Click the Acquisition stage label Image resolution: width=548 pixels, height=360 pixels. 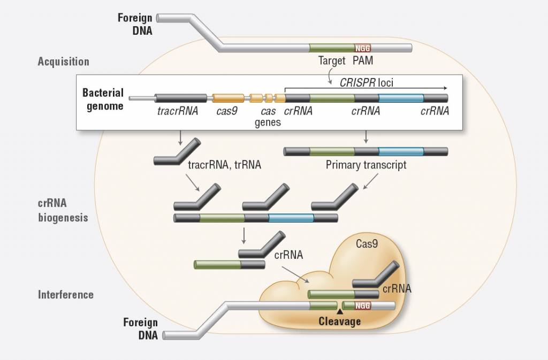pyautogui.click(x=63, y=62)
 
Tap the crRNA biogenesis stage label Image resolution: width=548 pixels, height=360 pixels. pyautogui.click(x=63, y=211)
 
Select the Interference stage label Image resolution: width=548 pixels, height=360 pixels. pyautogui.click(x=66, y=295)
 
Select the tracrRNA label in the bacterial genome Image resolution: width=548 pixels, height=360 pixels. pyautogui.click(x=178, y=111)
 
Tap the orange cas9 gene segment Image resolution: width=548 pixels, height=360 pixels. pyautogui.click(x=228, y=98)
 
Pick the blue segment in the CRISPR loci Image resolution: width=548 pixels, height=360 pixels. pyautogui.click(x=401, y=98)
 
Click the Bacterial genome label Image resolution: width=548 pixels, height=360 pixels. pyautogui.click(x=103, y=99)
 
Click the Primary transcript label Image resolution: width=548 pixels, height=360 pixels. pyautogui.click(x=366, y=165)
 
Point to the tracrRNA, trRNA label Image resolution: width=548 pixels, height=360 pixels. pyautogui.click(x=224, y=165)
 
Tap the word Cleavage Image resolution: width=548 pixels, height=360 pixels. pyautogui.click(x=340, y=321)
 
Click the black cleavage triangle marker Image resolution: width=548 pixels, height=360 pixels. pyautogui.click(x=339, y=311)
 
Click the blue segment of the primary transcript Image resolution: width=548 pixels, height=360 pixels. pyautogui.click(x=401, y=151)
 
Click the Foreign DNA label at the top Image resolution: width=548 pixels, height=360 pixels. pyautogui.click(x=135, y=25)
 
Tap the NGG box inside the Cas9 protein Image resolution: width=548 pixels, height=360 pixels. pyautogui.click(x=363, y=305)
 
